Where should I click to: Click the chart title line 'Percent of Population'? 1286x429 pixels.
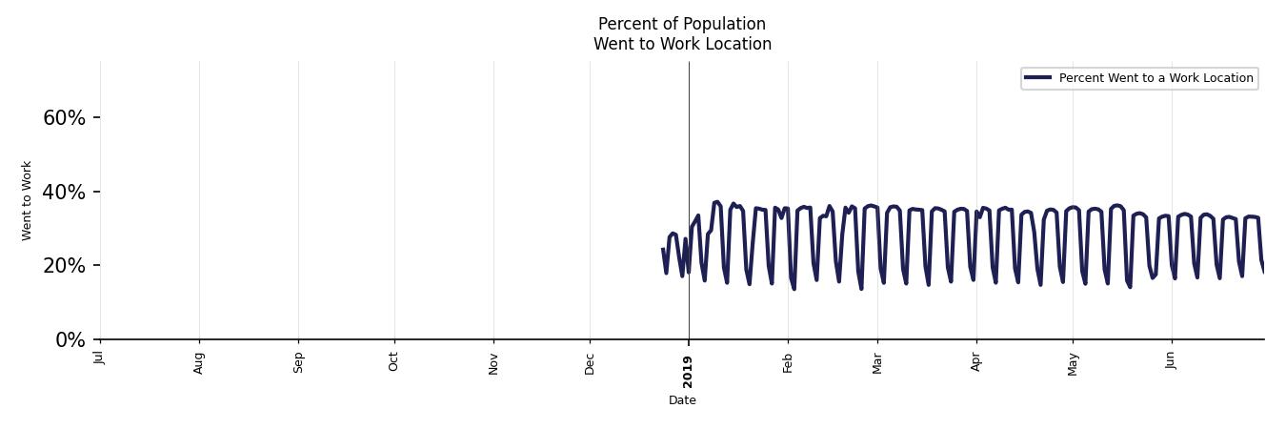(x=682, y=24)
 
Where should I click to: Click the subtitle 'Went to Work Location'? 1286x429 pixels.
(x=682, y=44)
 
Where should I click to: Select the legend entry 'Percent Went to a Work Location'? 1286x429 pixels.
(x=1155, y=78)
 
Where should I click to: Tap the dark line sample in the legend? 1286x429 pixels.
(x=1038, y=78)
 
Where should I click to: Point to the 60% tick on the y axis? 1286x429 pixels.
(x=65, y=118)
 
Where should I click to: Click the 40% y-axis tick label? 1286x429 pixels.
(x=65, y=193)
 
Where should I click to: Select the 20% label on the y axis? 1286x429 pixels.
(x=65, y=266)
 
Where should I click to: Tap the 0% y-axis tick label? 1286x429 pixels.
(x=70, y=340)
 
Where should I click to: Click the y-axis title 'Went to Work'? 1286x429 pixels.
(x=27, y=200)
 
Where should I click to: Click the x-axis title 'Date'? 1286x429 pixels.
(x=682, y=400)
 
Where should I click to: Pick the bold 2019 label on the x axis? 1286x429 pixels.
(x=689, y=371)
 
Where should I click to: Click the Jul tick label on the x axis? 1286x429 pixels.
(x=100, y=357)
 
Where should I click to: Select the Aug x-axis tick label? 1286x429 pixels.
(x=199, y=362)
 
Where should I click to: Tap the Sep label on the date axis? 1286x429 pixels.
(x=298, y=362)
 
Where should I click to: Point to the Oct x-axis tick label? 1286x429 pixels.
(x=394, y=361)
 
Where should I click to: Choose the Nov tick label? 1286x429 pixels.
(x=493, y=362)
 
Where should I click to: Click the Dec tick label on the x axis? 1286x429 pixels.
(x=590, y=362)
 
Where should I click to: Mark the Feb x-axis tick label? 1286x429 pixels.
(x=788, y=362)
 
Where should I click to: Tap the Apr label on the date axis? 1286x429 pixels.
(x=976, y=361)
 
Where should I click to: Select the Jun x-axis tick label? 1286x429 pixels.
(x=1172, y=361)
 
